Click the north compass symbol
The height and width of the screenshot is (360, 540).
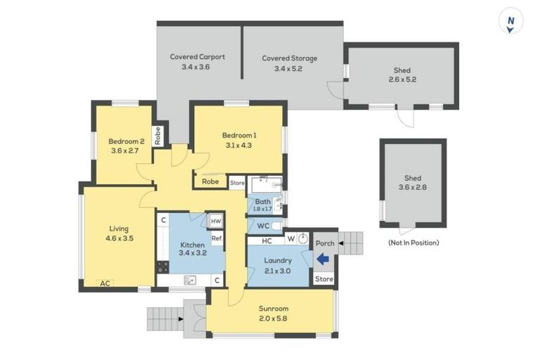tap(510, 22)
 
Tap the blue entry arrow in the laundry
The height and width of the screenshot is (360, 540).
tap(323, 259)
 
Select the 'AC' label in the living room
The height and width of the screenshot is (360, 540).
tap(105, 283)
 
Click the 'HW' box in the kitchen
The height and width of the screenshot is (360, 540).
tap(216, 221)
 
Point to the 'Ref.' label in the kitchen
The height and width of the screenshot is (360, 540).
tap(217, 238)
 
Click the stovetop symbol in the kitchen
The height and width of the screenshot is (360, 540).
tap(162, 267)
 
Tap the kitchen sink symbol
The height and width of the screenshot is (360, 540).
tap(190, 280)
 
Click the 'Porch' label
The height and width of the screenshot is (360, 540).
tap(325, 243)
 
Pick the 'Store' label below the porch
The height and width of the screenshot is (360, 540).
tap(324, 279)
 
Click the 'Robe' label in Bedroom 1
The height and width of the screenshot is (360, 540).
tap(210, 181)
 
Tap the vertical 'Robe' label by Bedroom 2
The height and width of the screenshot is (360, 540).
tap(158, 135)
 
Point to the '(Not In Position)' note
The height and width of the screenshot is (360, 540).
tap(413, 243)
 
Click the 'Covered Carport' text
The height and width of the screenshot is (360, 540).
tap(198, 57)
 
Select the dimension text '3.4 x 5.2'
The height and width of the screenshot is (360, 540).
tap(289, 68)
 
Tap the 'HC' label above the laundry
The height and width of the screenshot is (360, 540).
tap(266, 240)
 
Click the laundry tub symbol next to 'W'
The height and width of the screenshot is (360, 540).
tap(303, 238)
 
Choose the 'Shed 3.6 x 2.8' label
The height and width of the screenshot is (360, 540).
tap(412, 184)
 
